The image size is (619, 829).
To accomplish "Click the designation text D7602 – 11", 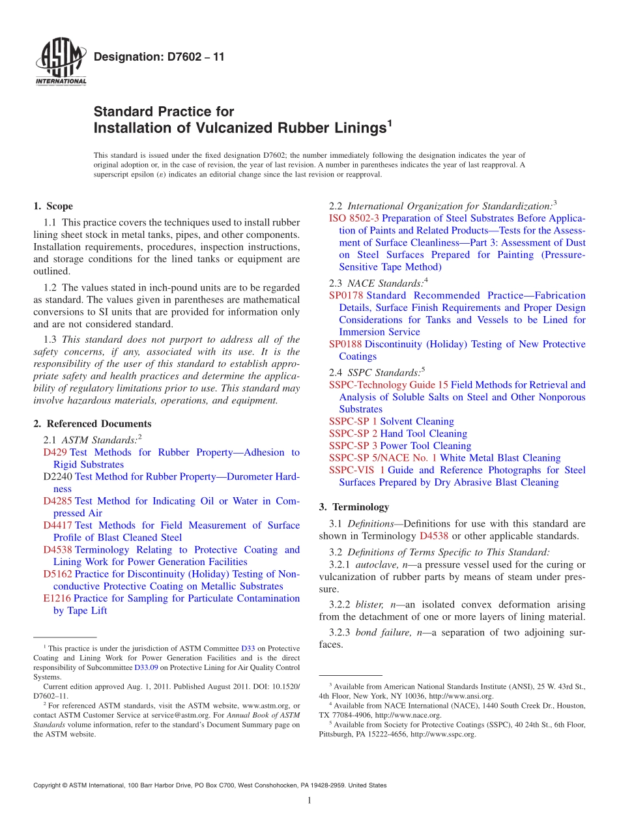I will coord(159,57).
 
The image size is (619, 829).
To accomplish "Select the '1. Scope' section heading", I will coord(53,206).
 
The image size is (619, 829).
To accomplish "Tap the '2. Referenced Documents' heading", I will coord(92,424).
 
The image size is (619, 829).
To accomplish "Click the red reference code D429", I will coord(55,452).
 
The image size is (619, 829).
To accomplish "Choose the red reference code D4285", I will coord(57,501).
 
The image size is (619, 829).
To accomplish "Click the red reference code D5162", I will coord(57,574).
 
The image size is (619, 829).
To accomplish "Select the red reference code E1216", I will coord(57,598).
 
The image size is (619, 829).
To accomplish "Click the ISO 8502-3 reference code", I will coord(354,218).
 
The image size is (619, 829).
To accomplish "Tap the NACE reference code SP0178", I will coord(347,295).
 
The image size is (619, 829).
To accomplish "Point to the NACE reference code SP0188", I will coord(346,344).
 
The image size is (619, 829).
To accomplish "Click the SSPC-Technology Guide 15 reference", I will coord(388,385).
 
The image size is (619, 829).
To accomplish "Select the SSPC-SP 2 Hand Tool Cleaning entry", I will coord(397,433).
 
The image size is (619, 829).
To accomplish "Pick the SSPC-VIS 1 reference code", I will coord(356,470).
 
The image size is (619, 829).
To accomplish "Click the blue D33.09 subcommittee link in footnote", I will coord(147,667).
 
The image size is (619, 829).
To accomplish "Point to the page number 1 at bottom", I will coord(309,801).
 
